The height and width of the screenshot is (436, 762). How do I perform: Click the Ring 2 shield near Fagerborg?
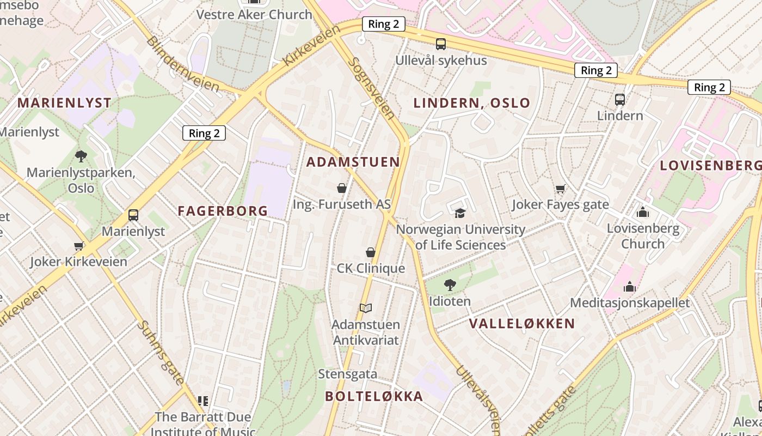pos(204,133)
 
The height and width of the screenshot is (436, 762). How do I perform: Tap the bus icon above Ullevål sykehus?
pos(441,44)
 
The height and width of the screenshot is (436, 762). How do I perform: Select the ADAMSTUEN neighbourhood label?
pos(353,162)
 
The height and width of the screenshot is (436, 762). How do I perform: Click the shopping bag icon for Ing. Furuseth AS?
pos(342,189)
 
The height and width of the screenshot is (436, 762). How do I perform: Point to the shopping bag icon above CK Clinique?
pos(371,252)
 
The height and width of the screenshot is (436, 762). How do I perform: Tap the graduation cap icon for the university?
pos(460,213)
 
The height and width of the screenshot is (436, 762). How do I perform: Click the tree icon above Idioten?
pos(450,284)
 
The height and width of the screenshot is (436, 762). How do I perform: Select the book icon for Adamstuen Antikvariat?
pos(366,308)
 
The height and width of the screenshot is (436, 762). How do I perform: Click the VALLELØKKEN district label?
pos(522,323)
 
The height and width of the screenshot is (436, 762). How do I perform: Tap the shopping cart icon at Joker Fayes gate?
pos(560,189)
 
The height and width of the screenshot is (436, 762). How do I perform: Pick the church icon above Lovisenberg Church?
pos(643,212)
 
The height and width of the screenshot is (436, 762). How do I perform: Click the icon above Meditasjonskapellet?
pos(630,287)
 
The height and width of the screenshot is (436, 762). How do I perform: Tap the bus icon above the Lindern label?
pos(620,99)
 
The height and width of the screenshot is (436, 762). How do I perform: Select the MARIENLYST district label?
pos(64,102)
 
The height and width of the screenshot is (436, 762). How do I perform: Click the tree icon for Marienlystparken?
pos(81,156)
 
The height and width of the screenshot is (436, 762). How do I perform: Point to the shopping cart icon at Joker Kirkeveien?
pos(78,246)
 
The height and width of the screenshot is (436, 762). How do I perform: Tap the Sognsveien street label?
pos(371,89)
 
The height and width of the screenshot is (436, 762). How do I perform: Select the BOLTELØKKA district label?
pos(374,396)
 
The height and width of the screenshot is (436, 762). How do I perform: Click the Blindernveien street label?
pos(182,64)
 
